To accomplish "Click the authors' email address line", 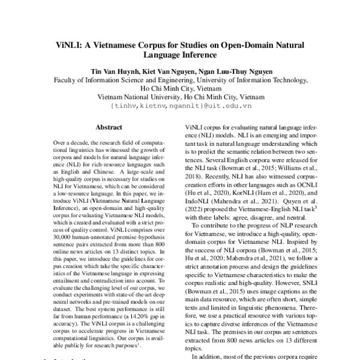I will pyautogui.click(x=180, y=105).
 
